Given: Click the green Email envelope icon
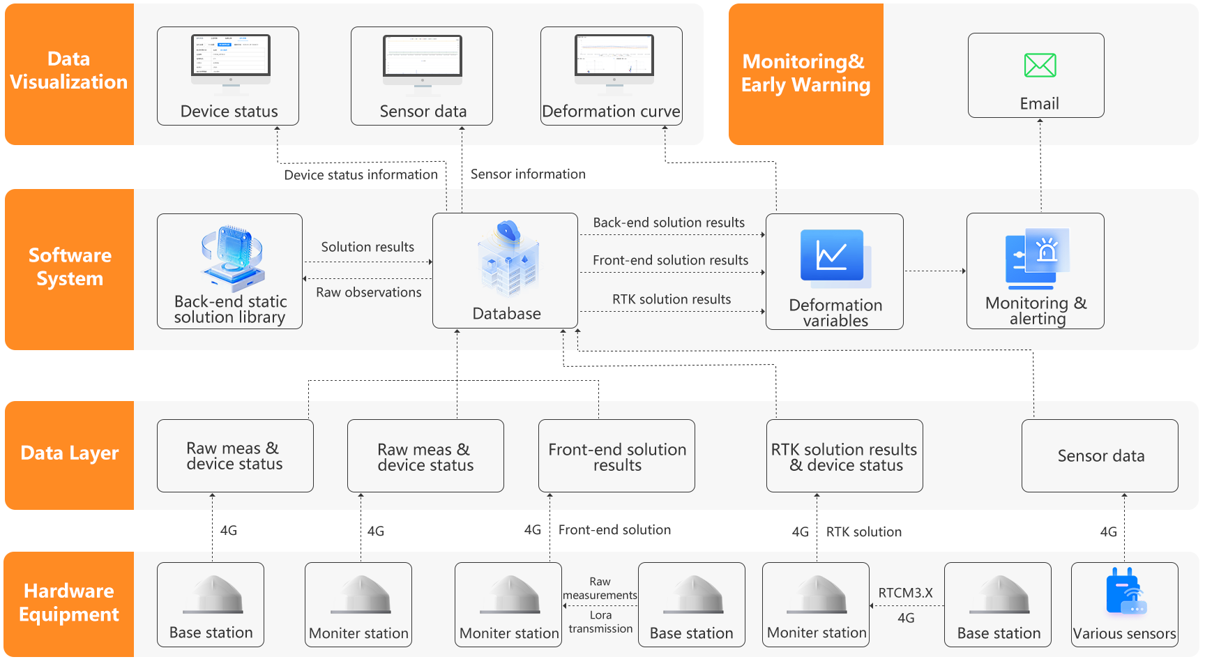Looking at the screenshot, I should click(x=1040, y=66).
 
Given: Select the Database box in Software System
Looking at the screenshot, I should click(x=506, y=271).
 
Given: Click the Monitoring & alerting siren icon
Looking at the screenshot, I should click(x=1038, y=257).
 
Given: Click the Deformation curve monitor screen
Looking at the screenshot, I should click(x=614, y=56).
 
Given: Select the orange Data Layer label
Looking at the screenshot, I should click(x=69, y=454).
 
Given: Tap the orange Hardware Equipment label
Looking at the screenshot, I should click(x=69, y=603).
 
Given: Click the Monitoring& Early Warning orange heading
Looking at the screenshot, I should click(x=805, y=73).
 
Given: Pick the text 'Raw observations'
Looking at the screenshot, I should click(x=369, y=293).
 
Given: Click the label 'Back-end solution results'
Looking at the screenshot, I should click(x=669, y=223).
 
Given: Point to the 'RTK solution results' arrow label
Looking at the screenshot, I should click(x=672, y=300).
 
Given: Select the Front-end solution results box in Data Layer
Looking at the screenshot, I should click(x=617, y=456).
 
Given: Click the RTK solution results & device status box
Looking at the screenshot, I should click(x=844, y=456).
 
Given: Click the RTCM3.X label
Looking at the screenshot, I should click(x=905, y=594).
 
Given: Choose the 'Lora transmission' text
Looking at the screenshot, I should click(x=600, y=622).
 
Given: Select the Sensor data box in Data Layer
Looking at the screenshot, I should click(x=1100, y=456).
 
